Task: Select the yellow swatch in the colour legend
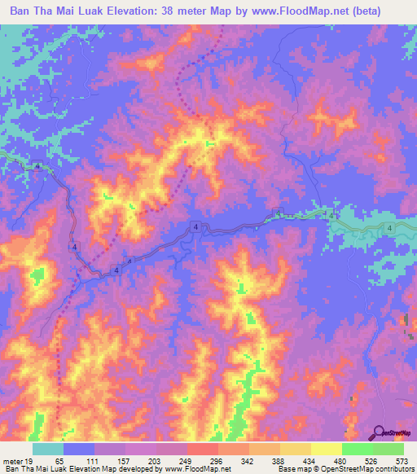click(x=326, y=450)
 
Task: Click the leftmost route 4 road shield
click(x=37, y=166)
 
